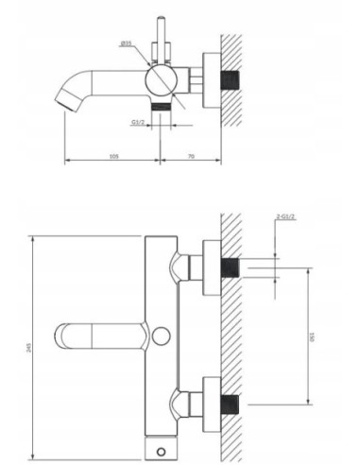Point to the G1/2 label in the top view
[x=139, y=122]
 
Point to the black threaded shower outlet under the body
[x=167, y=108]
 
